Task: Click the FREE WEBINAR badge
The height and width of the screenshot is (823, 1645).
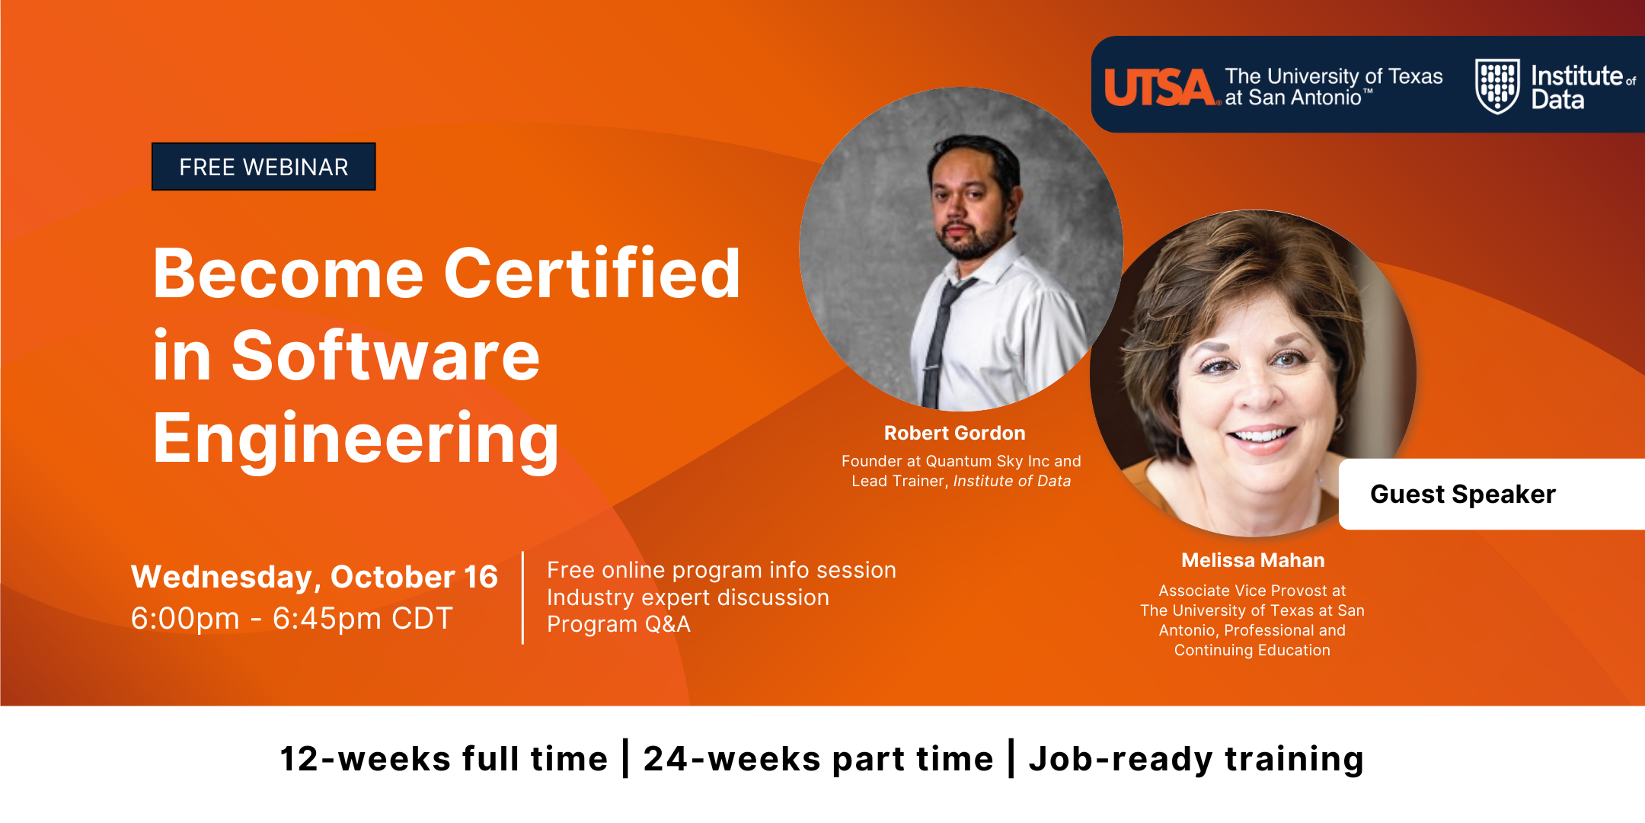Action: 264,166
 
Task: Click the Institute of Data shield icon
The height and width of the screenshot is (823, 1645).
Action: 1497,86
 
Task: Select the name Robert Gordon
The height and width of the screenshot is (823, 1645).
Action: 954,433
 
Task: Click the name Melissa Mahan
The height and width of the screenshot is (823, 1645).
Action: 1253,560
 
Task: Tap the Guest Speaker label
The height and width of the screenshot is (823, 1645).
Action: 1462,494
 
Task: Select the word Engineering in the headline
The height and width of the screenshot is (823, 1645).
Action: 356,439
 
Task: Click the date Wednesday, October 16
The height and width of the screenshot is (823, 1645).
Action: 315,577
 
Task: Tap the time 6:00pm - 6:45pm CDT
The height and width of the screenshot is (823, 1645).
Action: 292,618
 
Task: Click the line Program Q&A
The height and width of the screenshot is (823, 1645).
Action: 618,624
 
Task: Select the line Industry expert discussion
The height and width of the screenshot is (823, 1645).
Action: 688,597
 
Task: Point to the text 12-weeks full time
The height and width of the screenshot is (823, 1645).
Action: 444,759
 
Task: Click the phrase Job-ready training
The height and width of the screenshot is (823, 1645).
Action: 1196,759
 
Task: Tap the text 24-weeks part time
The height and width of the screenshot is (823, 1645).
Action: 819,759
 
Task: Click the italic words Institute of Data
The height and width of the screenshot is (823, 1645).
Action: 1012,481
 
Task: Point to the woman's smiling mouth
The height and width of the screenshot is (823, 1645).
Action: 1260,435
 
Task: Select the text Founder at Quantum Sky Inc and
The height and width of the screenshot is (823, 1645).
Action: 961,461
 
